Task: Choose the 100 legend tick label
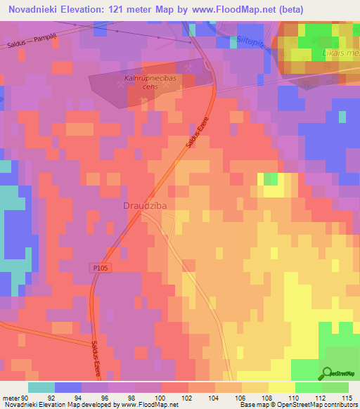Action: pos(162,397)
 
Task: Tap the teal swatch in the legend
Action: pos(41,387)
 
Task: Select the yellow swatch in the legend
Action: pos(282,387)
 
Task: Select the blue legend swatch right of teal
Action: pos(68,387)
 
